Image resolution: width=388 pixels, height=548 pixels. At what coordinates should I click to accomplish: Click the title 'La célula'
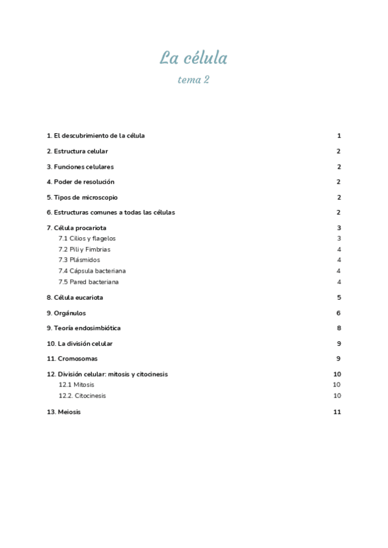tap(193, 58)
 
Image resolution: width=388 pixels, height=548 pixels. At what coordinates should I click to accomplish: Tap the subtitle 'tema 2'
tap(193, 80)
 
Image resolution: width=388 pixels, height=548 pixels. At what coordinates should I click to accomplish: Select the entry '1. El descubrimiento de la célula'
tap(96, 136)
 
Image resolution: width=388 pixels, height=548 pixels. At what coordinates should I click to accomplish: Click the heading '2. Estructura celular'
tap(77, 151)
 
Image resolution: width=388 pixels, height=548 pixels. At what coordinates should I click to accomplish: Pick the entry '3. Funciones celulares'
tap(80, 167)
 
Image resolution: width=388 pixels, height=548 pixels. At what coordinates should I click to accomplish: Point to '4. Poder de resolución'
tap(80, 182)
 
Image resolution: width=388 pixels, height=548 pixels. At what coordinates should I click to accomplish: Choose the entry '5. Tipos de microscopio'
tap(82, 198)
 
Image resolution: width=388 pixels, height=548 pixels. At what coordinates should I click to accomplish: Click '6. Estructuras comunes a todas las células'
tap(111, 213)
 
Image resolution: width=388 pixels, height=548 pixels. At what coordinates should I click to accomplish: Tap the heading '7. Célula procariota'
tap(76, 228)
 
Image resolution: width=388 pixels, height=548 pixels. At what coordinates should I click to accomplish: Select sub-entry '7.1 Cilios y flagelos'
tap(87, 238)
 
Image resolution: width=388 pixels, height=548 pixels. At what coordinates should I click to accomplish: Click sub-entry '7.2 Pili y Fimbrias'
tap(84, 249)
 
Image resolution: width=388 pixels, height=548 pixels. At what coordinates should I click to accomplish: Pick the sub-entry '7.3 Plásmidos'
tap(79, 260)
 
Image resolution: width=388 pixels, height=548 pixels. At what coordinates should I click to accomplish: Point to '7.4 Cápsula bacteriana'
tap(92, 271)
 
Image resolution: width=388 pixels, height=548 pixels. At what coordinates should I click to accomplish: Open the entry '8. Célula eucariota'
tap(74, 298)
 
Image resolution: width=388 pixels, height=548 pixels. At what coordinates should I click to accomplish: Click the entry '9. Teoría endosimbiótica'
tap(83, 328)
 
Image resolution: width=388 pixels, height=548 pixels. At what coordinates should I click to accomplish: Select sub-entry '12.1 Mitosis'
tap(76, 385)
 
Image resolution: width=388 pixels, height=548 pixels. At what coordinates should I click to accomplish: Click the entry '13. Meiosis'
tap(63, 412)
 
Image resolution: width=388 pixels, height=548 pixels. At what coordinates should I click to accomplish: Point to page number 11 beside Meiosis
tap(337, 412)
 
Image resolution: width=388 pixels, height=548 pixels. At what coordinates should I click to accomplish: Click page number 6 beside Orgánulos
tap(338, 313)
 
